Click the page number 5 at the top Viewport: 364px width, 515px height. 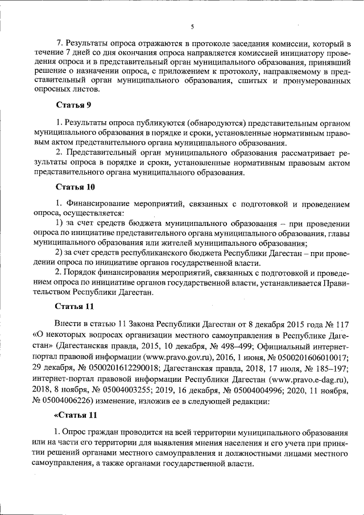point(192,27)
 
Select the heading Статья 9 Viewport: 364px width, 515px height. point(73,105)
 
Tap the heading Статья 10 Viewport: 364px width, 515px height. point(75,187)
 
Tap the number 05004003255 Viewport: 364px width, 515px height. point(136,391)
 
